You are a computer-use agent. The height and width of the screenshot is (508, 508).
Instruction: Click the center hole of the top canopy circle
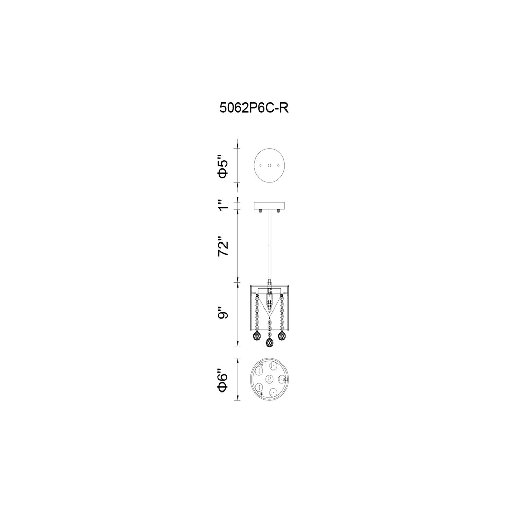(269, 165)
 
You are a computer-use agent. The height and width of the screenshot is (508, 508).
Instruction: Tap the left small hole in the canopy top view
(260, 165)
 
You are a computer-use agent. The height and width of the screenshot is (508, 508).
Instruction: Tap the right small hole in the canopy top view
(278, 165)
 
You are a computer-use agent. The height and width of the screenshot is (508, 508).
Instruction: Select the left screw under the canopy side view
(261, 211)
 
